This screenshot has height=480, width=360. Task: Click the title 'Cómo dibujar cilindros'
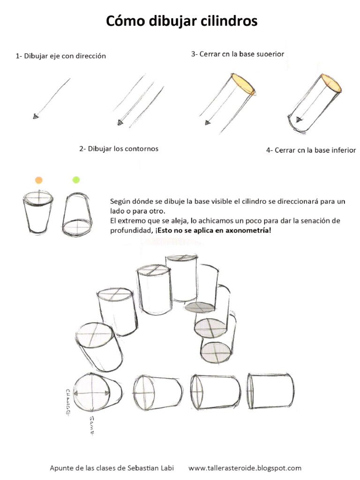[182, 21]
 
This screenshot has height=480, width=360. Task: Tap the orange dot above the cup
[39, 180]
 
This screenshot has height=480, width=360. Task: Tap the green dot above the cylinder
[76, 180]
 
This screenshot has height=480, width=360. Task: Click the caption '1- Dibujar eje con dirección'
[61, 56]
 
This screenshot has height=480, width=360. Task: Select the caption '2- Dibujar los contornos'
[119, 149]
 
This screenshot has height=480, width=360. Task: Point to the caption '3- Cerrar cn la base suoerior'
[238, 54]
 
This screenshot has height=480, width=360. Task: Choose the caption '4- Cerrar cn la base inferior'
[311, 150]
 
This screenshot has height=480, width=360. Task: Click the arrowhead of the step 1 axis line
[36, 116]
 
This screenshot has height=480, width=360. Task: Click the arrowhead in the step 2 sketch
[120, 122]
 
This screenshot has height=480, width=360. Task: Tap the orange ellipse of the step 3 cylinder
[243, 84]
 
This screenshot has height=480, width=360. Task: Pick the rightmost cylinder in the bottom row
[272, 391]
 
